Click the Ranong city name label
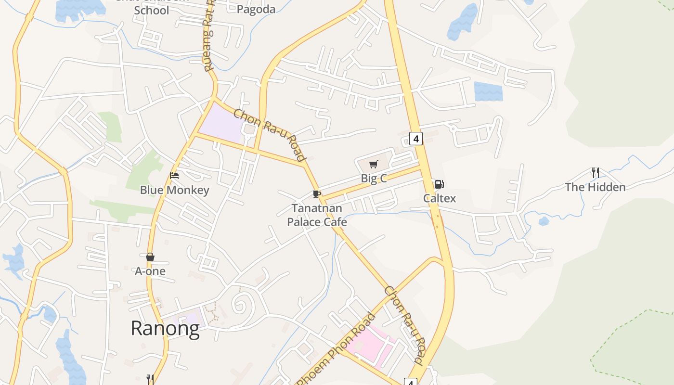point(165,329)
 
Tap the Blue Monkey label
point(174,190)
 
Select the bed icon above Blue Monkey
point(174,176)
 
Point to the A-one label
point(150,271)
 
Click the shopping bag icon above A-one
point(150,257)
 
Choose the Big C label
point(374,179)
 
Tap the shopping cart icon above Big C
point(374,165)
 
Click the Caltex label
point(439,198)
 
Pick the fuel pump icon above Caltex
point(439,184)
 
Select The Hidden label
point(595,187)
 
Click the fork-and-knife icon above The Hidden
point(596,173)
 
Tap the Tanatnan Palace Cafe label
point(317,215)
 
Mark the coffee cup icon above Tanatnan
point(316,194)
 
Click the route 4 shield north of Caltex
point(416,139)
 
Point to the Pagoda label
point(256,9)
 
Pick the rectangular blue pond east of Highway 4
point(488,91)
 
